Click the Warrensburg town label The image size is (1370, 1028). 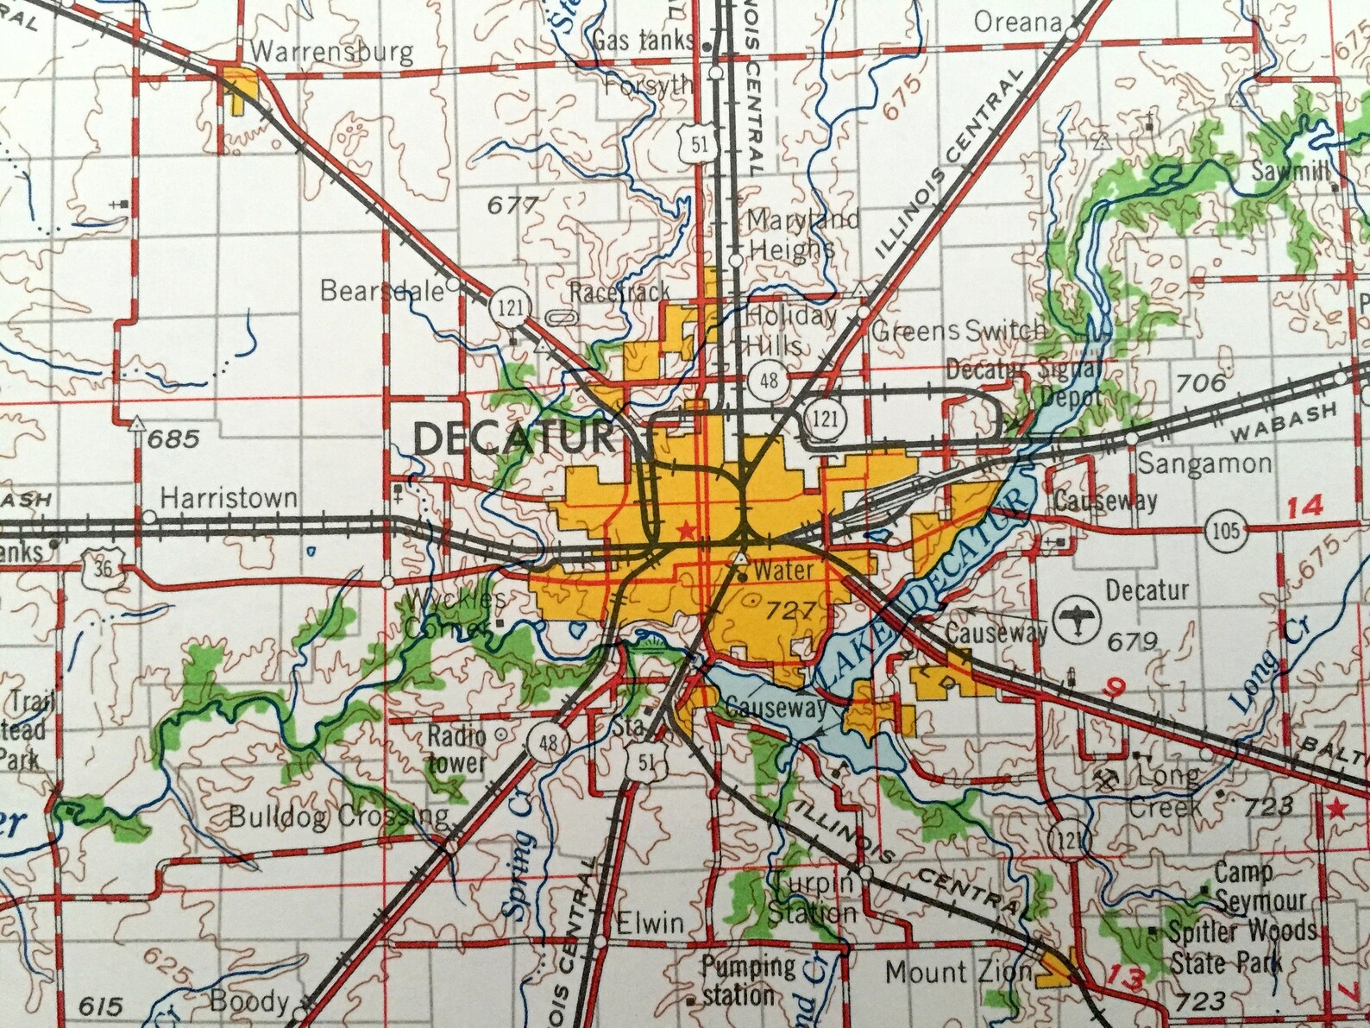pyautogui.click(x=331, y=52)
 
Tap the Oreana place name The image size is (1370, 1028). pyautogui.click(x=1017, y=22)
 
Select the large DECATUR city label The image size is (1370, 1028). pyautogui.click(x=514, y=438)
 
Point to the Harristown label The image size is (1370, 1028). pyautogui.click(x=229, y=498)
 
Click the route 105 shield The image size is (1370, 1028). pyautogui.click(x=1226, y=530)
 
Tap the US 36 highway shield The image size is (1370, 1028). pyautogui.click(x=104, y=569)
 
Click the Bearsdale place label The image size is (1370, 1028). pyautogui.click(x=381, y=290)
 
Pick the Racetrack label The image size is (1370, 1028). pyautogui.click(x=619, y=293)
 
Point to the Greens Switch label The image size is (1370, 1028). pyautogui.click(x=958, y=331)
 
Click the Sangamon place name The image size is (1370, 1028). pyautogui.click(x=1203, y=464)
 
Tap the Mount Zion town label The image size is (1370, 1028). pyautogui.click(x=958, y=973)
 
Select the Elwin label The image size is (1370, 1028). pyautogui.click(x=650, y=923)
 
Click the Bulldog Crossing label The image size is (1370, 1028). pyautogui.click(x=338, y=817)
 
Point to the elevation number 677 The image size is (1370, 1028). pyautogui.click(x=512, y=205)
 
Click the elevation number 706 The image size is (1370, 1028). pyautogui.click(x=1201, y=382)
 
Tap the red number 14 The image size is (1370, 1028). pyautogui.click(x=1304, y=507)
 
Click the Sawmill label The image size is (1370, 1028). pyautogui.click(x=1289, y=172)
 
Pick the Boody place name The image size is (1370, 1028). pyautogui.click(x=249, y=1001)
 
